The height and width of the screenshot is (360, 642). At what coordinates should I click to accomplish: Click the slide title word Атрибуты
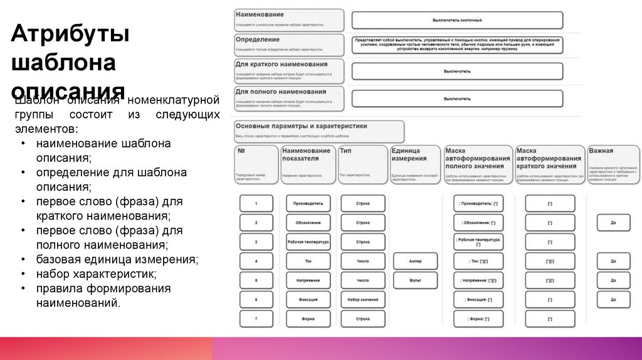(x=70, y=35)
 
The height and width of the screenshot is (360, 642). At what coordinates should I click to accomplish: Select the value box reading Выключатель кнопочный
(x=457, y=20)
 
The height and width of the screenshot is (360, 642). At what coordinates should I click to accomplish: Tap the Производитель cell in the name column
(x=308, y=204)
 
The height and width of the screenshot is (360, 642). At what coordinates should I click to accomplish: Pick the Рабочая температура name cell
(x=308, y=242)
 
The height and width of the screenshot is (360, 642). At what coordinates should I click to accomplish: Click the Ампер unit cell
(x=415, y=261)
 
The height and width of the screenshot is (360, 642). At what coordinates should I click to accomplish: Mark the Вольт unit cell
(x=415, y=280)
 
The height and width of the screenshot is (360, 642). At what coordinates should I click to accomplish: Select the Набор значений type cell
(x=363, y=300)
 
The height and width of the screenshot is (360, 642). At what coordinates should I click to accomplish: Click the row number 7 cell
(x=256, y=319)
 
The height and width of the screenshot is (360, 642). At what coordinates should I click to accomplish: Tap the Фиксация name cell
(x=308, y=300)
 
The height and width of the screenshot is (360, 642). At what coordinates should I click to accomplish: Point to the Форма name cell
(x=308, y=319)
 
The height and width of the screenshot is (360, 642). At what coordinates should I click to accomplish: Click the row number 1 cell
(x=256, y=204)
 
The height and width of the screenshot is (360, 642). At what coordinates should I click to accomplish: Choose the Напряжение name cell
(x=308, y=280)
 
